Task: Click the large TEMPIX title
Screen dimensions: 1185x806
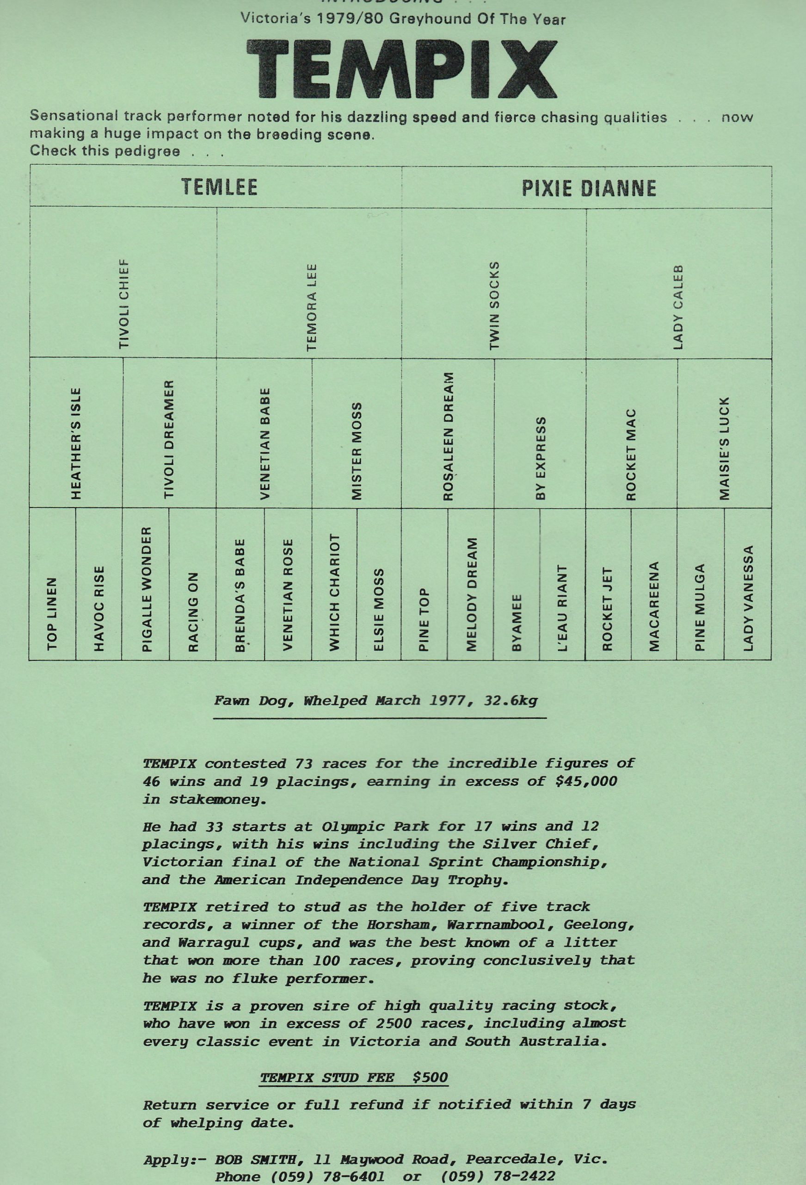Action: (x=401, y=69)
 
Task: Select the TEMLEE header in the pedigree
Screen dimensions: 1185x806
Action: (x=219, y=187)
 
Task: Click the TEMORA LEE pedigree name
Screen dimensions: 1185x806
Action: (x=311, y=307)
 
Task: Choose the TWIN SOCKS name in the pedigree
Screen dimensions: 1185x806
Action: (x=494, y=306)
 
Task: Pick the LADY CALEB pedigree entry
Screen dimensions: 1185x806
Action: (x=677, y=307)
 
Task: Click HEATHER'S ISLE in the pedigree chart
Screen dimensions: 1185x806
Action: (x=75, y=443)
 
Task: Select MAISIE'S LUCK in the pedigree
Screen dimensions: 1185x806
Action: (x=724, y=448)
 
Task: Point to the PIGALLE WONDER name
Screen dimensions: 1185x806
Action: (x=146, y=589)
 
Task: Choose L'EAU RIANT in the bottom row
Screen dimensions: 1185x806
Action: (x=562, y=608)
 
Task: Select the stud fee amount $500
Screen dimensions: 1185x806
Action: (x=430, y=1078)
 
